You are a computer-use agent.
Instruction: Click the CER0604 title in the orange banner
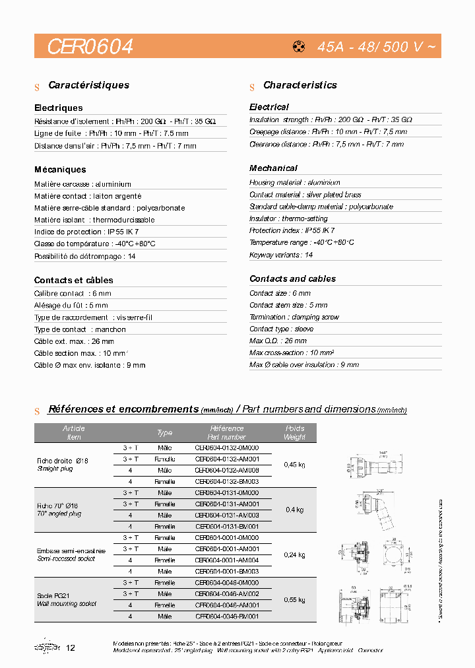pyautogui.click(x=90, y=46)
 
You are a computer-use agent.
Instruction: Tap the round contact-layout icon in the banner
pyautogui.click(x=298, y=47)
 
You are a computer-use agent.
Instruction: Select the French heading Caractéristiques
pyautogui.click(x=88, y=85)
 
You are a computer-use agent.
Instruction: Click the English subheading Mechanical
pyautogui.click(x=273, y=168)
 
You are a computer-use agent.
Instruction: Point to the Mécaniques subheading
pyautogui.click(x=60, y=170)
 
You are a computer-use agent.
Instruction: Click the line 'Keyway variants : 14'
pyautogui.click(x=281, y=255)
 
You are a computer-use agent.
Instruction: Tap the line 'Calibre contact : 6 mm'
pyautogui.click(x=73, y=293)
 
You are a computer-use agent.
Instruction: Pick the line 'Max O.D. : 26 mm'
pyautogui.click(x=278, y=341)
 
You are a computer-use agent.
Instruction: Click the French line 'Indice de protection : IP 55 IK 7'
pyautogui.click(x=86, y=232)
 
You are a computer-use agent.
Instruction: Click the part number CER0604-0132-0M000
pyautogui.click(x=226, y=448)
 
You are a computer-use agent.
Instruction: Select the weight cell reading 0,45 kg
pyautogui.click(x=294, y=465)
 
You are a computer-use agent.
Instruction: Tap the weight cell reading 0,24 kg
pyautogui.click(x=294, y=554)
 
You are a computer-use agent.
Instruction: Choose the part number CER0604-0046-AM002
pyautogui.click(x=226, y=593)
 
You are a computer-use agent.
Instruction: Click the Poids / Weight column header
pyautogui.click(x=294, y=433)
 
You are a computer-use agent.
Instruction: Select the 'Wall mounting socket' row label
pyautogui.click(x=67, y=603)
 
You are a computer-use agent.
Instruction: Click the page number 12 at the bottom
pyautogui.click(x=71, y=648)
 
